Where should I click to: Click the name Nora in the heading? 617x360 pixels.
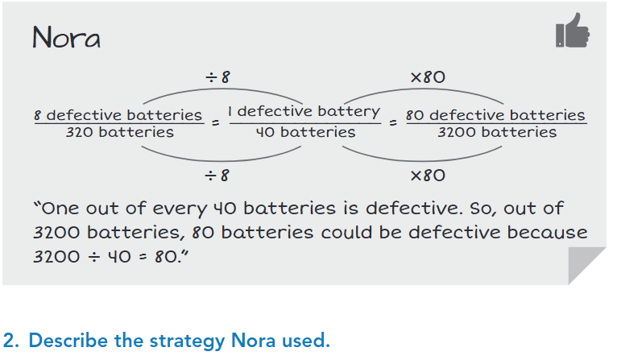pyautogui.click(x=67, y=37)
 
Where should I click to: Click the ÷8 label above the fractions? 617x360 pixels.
pyautogui.click(x=217, y=77)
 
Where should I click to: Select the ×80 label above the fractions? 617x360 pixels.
pyautogui.click(x=428, y=77)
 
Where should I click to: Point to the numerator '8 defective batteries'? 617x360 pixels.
pyautogui.click(x=118, y=115)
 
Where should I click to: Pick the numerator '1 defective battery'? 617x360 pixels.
pyautogui.click(x=304, y=111)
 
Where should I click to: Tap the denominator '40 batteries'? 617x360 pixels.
pyautogui.click(x=305, y=132)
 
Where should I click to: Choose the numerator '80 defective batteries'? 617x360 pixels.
pyautogui.click(x=495, y=115)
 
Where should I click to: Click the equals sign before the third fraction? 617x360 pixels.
pyautogui.click(x=392, y=123)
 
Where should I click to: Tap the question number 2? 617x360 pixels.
pyautogui.click(x=10, y=341)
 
